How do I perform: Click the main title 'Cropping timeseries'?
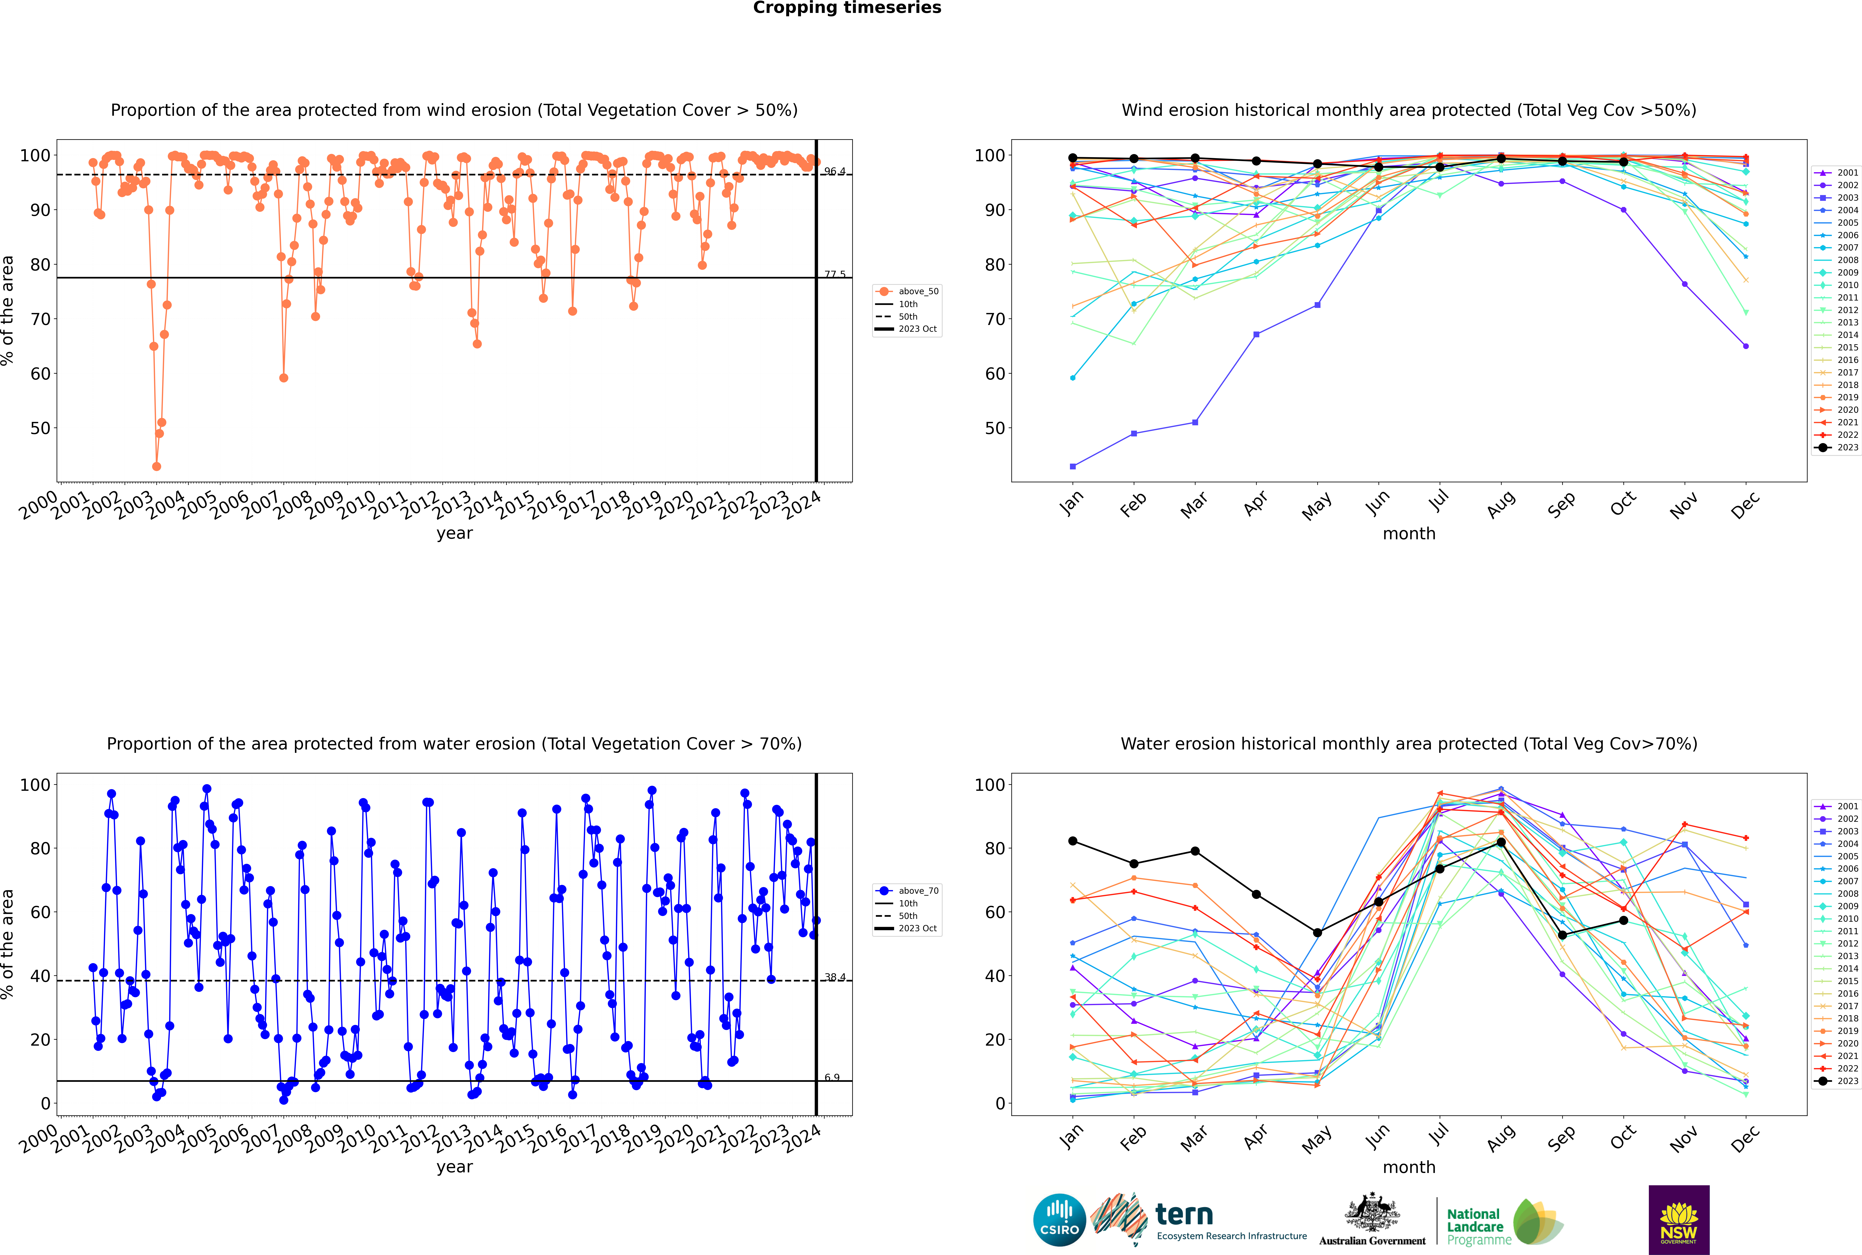847,8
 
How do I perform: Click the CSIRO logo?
1059,1220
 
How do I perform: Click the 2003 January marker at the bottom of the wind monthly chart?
1073,467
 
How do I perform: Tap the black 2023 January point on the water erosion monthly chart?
1073,841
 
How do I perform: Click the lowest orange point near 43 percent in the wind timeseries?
156,467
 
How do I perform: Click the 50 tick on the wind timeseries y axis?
40,428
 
